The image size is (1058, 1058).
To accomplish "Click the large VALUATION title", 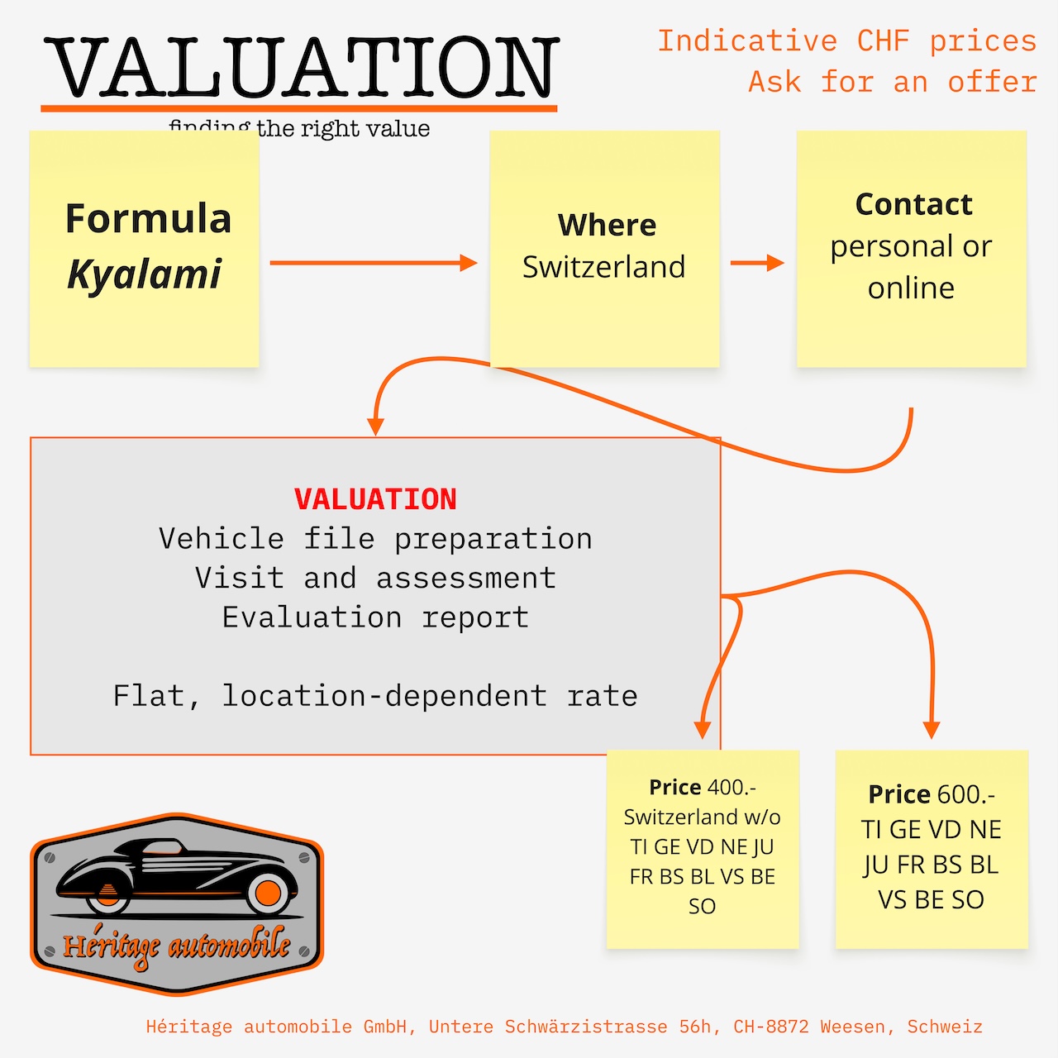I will [x=302, y=68].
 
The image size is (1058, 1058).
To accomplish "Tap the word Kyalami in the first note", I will [x=145, y=274].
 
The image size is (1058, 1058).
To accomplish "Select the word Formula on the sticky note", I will [x=148, y=219].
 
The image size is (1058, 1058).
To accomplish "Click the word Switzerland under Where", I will [x=603, y=267].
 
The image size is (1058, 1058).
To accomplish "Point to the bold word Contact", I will [x=913, y=204].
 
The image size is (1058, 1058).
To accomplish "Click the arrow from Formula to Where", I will [x=372, y=263].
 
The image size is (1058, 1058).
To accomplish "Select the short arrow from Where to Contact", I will [x=756, y=263].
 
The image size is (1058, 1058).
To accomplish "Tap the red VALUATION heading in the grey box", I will [x=375, y=499].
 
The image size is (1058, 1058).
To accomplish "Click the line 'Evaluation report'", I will [x=375, y=617].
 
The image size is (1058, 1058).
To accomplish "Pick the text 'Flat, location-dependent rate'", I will [x=375, y=696].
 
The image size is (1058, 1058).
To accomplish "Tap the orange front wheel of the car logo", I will [x=268, y=893].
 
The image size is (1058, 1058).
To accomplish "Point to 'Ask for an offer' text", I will [x=892, y=82].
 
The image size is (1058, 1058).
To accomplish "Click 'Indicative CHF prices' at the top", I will [x=846, y=41].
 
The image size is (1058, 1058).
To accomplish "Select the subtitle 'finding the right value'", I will [x=299, y=129].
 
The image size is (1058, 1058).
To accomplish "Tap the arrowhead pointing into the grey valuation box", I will [x=376, y=427].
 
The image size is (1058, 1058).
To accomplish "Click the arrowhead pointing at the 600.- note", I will [x=932, y=730].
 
